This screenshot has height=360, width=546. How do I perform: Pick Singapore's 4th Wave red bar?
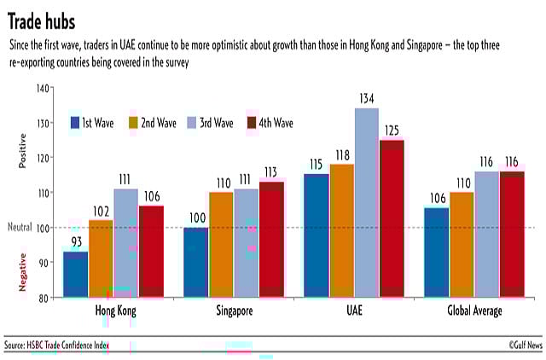(x=271, y=240)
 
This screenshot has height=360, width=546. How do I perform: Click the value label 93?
(x=75, y=242)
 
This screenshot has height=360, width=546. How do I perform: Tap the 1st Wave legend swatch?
(x=76, y=123)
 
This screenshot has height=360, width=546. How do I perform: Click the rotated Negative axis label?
(x=23, y=272)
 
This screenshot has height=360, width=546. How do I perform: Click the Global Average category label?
(x=475, y=311)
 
